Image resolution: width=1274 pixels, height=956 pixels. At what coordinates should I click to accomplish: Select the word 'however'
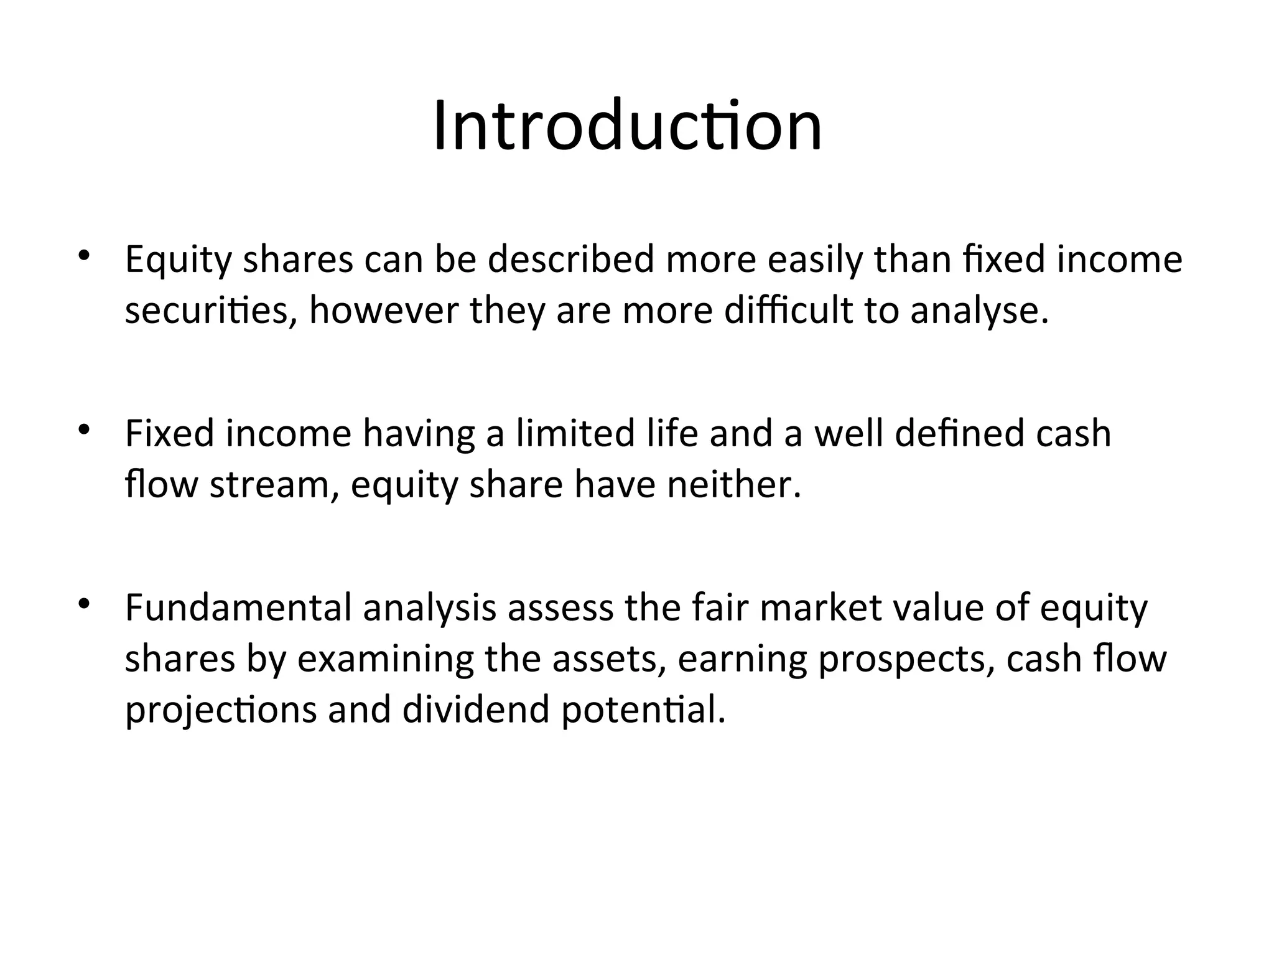pos(384,311)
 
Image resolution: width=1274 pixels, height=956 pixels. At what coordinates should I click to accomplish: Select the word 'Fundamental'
pos(238,608)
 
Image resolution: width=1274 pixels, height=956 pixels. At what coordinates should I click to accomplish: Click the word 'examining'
pos(386,659)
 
